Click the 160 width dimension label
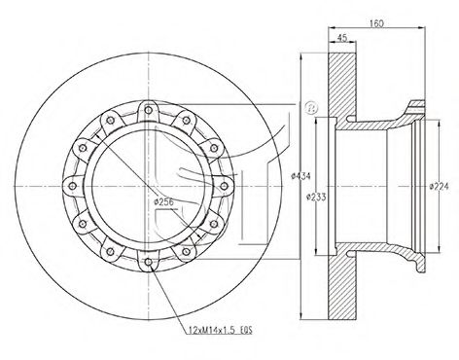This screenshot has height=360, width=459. pos(376,23)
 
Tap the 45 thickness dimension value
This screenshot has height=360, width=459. pos(342,38)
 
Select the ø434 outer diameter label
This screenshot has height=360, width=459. pos(300,176)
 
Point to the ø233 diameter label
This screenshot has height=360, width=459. pos(316,197)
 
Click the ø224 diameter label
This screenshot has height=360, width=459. pos(439,186)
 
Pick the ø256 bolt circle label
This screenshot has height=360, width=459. pos(164,201)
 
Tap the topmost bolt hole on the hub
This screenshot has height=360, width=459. pos(148,110)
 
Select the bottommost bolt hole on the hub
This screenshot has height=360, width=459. pos(148,262)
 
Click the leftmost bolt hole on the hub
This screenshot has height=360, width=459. pos(73,186)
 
